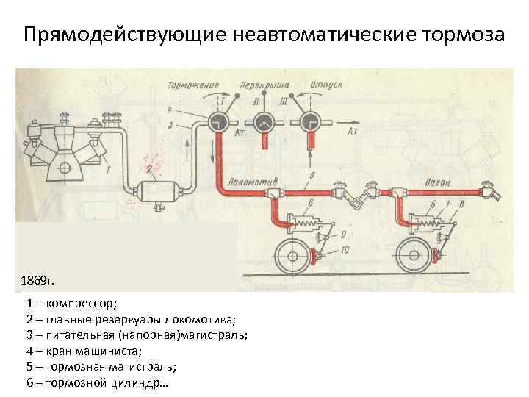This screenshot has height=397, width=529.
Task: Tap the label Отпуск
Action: tap(326, 85)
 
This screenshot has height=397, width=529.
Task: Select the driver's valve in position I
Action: tap(218, 123)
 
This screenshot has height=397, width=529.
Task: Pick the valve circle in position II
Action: tap(264, 123)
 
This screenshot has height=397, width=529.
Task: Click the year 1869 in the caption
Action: tap(37, 282)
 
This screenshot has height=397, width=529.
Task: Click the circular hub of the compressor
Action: tap(65, 168)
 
